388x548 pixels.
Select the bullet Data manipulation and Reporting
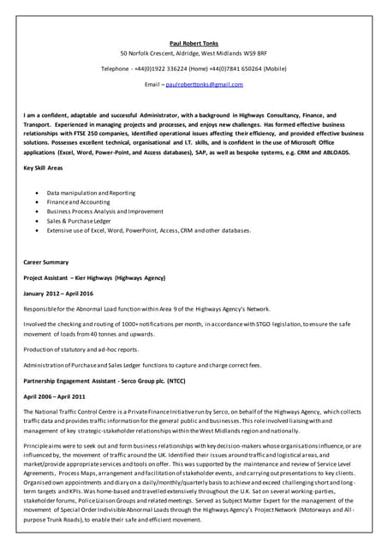(x=91, y=193)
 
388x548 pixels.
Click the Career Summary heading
(x=45, y=261)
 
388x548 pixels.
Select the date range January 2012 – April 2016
(x=58, y=294)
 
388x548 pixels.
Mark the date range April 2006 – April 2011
(x=54, y=396)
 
